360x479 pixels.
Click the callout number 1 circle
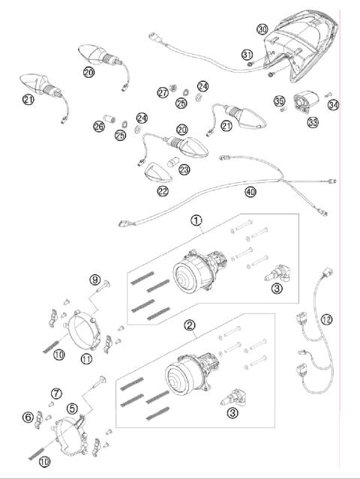[x=196, y=221]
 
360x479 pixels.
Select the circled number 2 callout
[x=190, y=325]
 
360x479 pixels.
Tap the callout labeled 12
[x=325, y=319]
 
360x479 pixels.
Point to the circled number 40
[x=250, y=191]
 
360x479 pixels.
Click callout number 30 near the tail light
[x=261, y=29]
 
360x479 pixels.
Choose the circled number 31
[x=247, y=54]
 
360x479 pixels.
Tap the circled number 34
[x=333, y=104]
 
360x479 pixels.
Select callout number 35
[x=279, y=101]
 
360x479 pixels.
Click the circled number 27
[x=163, y=92]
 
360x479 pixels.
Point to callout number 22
[x=163, y=191]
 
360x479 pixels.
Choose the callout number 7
[x=56, y=394]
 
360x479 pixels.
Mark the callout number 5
[x=73, y=409]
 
